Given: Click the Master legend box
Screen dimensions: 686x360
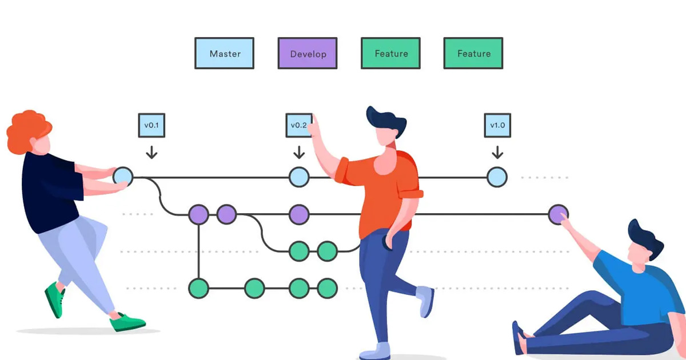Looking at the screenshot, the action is pyautogui.click(x=225, y=54).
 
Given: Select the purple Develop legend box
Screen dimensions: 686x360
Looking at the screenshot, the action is pyautogui.click(x=308, y=54).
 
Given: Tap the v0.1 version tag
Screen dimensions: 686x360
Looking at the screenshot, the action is pyautogui.click(x=151, y=125).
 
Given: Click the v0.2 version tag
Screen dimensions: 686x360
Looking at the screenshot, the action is pyautogui.click(x=298, y=125).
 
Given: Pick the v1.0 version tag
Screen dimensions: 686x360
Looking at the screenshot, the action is pyautogui.click(x=497, y=125).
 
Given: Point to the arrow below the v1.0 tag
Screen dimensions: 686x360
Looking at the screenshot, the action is pyautogui.click(x=497, y=152).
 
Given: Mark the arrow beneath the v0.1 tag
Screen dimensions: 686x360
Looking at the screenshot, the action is pyautogui.click(x=151, y=152).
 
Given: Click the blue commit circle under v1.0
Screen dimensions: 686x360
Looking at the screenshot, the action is pyautogui.click(x=497, y=177).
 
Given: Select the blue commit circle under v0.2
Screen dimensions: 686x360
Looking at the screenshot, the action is pyautogui.click(x=298, y=177).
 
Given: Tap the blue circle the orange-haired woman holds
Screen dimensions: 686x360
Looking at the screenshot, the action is pyautogui.click(x=123, y=176).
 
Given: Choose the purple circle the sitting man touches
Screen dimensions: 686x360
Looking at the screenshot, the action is pyautogui.click(x=558, y=214).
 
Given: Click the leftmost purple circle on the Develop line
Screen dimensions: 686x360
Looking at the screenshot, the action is pyautogui.click(x=198, y=214).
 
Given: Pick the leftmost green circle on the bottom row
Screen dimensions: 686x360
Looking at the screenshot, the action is pyautogui.click(x=198, y=287).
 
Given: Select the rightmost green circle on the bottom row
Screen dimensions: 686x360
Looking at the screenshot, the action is pyautogui.click(x=327, y=287).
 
